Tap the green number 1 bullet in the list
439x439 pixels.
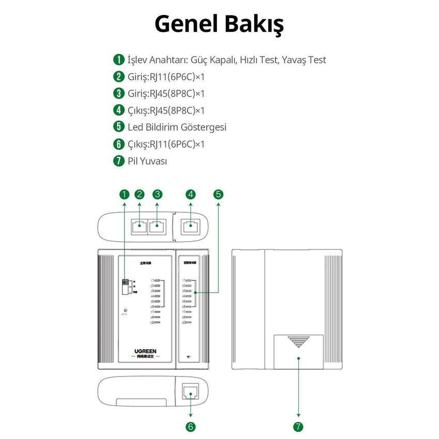[119, 60]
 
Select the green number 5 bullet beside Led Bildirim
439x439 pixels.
[119, 127]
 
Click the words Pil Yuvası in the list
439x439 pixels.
[147, 161]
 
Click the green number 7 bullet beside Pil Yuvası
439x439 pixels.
[119, 161]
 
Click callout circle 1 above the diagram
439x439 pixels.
[124, 195]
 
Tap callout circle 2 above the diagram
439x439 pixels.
[139, 195]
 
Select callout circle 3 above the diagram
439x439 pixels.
[158, 195]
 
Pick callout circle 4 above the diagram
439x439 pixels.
[191, 195]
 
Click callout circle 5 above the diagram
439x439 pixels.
[218, 195]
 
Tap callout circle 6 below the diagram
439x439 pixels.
[191, 427]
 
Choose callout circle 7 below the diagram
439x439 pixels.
[299, 427]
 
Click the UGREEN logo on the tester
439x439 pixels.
[145, 351]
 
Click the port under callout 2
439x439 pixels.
[139, 226]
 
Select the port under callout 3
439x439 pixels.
[157, 226]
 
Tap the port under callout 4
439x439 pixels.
[191, 226]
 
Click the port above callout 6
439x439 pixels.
[191, 394]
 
